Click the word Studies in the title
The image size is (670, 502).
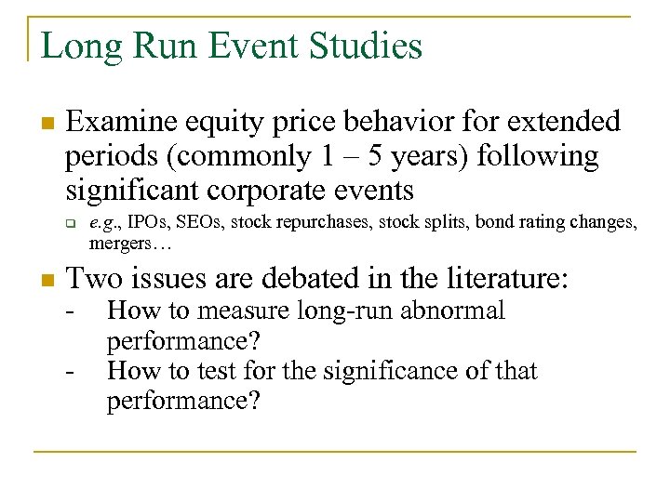point(363,46)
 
